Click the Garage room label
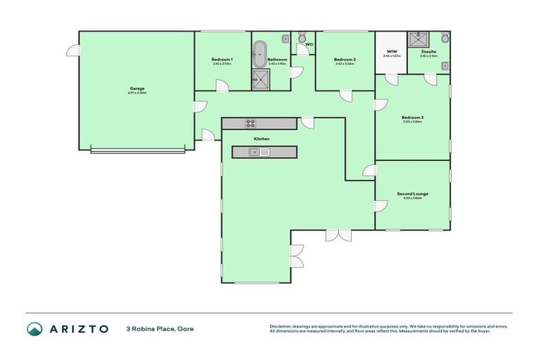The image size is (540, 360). pyautogui.click(x=136, y=89)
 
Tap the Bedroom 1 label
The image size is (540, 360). pyautogui.click(x=221, y=60)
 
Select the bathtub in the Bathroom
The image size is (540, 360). pyautogui.click(x=259, y=53)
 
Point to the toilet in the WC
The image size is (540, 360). pyautogui.click(x=302, y=37)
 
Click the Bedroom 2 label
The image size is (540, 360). pyautogui.click(x=345, y=60)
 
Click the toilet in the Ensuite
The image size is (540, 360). pyautogui.click(x=444, y=37)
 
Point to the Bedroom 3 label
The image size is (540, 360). pyautogui.click(x=412, y=117)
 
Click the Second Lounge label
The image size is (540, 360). pyautogui.click(x=412, y=193)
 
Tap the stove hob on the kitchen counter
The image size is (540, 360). pyautogui.click(x=250, y=124)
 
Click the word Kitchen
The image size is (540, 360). pyautogui.click(x=262, y=139)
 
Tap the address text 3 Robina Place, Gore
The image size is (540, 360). pyautogui.click(x=160, y=329)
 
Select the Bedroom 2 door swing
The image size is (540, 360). pyautogui.click(x=346, y=96)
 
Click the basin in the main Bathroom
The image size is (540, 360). pyautogui.click(x=285, y=39)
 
